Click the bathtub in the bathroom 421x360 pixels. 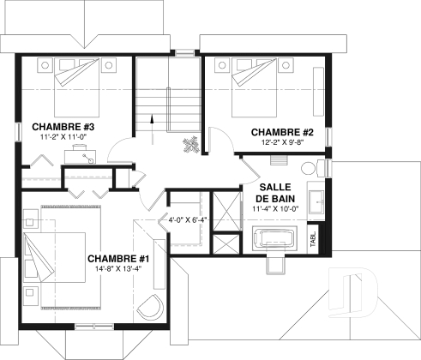coord(275,237)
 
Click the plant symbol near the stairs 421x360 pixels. coord(191,142)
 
